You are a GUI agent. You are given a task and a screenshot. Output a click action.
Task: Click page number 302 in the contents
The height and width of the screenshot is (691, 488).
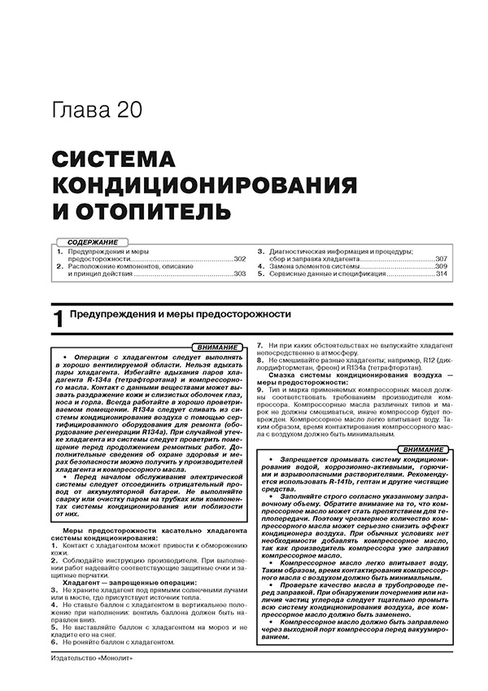[238, 259]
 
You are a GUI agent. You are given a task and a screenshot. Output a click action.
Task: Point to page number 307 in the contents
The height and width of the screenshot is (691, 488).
[441, 259]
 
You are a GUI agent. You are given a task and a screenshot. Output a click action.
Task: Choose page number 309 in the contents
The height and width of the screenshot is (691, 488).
[441, 267]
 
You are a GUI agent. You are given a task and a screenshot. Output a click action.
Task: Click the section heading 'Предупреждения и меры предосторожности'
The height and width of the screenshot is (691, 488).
[180, 313]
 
